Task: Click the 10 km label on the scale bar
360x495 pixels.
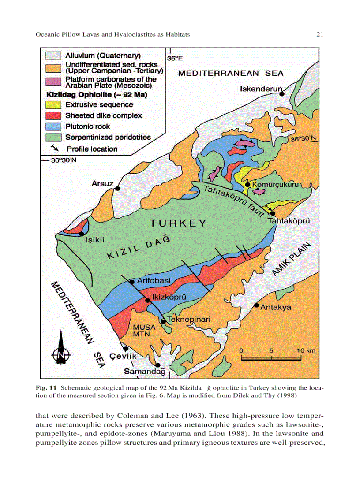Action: pos(306,350)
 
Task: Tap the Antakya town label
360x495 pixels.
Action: pos(276,307)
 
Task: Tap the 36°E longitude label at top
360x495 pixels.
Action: pos(175,58)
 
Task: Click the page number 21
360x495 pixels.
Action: pos(321,34)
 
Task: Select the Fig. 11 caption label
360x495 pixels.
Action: pos(46,388)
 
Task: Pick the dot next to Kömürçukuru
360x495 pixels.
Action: pos(248,184)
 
